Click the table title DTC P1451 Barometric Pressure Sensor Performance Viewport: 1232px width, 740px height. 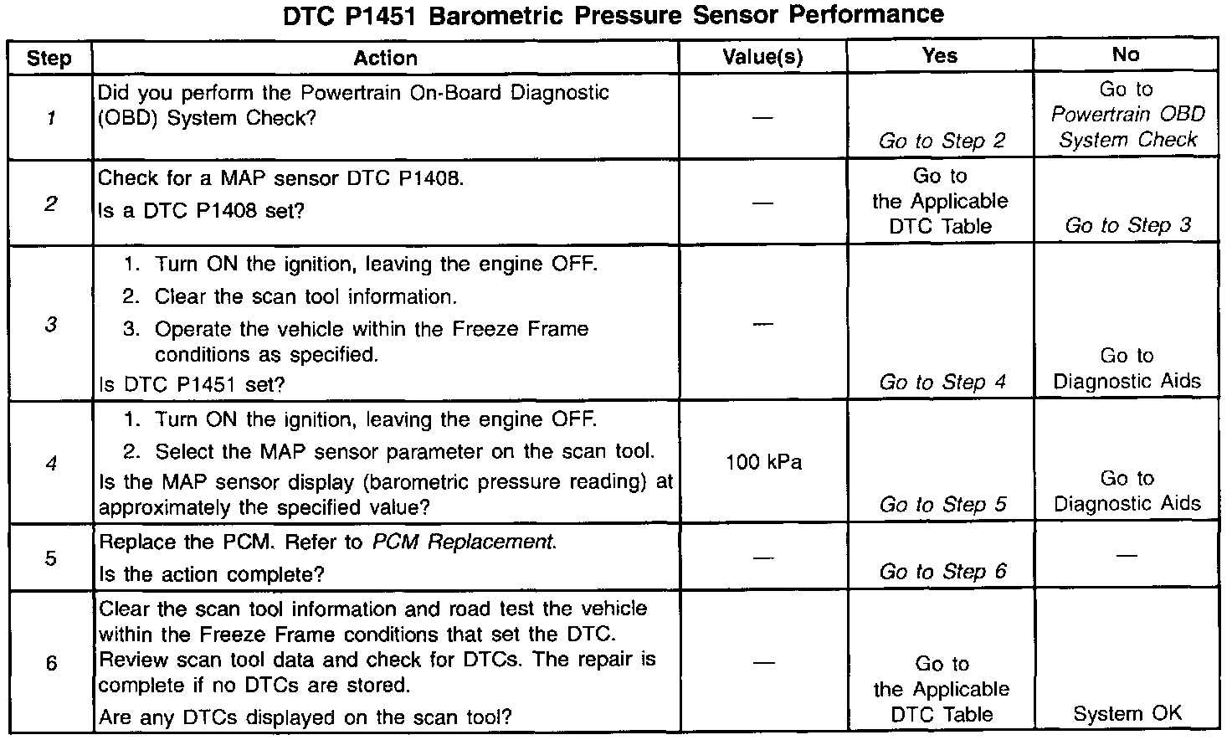pos(613,14)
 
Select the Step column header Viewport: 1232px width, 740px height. pos(49,58)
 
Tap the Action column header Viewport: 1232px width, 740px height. pos(385,58)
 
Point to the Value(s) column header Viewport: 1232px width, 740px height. pos(762,57)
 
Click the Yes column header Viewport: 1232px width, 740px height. pos(940,55)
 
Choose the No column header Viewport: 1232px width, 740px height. pos(1126,55)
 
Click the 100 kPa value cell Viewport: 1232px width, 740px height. pos(763,462)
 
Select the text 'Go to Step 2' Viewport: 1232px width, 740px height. pos(942,141)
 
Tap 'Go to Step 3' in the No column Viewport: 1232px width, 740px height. pos(1127,225)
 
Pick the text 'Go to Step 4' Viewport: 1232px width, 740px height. pos(942,383)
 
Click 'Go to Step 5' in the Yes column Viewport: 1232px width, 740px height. pos(942,505)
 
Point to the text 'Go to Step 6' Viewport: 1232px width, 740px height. pos(942,572)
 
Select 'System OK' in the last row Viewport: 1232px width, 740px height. pos(1127,714)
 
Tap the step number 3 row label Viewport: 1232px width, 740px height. pos(50,324)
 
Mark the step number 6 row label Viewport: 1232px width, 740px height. pos(51,664)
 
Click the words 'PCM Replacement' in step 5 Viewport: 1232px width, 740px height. pos(463,542)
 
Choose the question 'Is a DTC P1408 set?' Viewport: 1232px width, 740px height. pos(201,211)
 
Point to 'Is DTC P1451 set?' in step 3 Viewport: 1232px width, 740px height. pos(192,384)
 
